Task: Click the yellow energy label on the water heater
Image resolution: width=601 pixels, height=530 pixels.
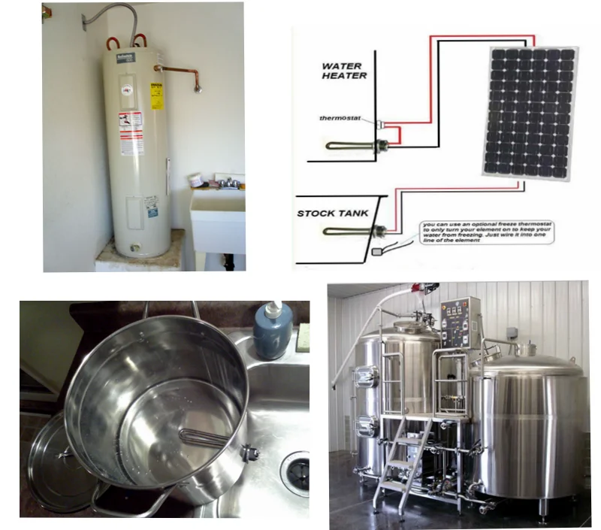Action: click(x=157, y=95)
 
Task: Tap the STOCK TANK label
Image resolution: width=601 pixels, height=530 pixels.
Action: click(x=333, y=214)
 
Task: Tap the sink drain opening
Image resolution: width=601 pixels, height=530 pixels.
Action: click(x=294, y=465)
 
